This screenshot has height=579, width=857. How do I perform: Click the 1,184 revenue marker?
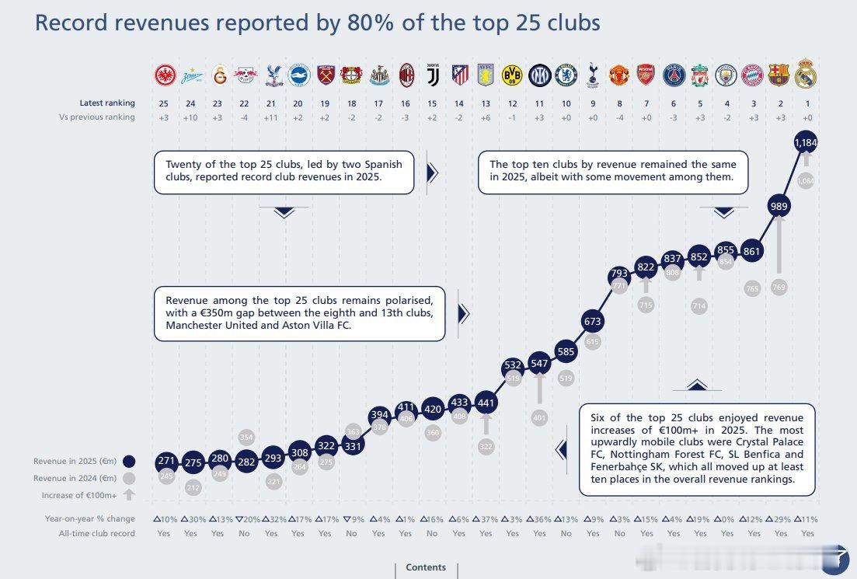coord(806,143)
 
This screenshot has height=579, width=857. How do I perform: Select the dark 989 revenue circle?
coord(779,206)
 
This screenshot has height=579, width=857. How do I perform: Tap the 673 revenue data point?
coord(593,321)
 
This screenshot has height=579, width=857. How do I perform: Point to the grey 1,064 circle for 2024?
coord(806,181)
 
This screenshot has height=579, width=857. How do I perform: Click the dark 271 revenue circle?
coord(166,461)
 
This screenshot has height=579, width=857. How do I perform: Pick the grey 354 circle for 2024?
coord(246,437)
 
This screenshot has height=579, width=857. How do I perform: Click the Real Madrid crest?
coord(806,75)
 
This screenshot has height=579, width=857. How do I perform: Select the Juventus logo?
coord(432,75)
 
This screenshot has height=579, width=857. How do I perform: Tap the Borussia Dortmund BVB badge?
coord(512,75)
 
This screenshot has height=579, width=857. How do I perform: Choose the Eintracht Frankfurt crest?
coord(165,75)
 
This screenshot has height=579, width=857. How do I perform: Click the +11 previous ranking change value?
coord(271,117)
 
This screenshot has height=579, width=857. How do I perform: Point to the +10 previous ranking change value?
coord(190,117)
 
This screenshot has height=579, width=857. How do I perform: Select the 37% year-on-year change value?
coord(486,519)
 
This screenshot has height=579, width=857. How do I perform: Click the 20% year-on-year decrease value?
coord(244,519)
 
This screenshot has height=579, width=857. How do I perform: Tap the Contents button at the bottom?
coord(426,567)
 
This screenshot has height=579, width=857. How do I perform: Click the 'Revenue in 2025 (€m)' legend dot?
coord(129,461)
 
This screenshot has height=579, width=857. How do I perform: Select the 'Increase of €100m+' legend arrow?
coord(129,494)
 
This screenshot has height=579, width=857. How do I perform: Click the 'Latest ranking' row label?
coord(106,103)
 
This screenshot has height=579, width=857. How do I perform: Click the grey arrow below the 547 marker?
coord(539,392)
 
